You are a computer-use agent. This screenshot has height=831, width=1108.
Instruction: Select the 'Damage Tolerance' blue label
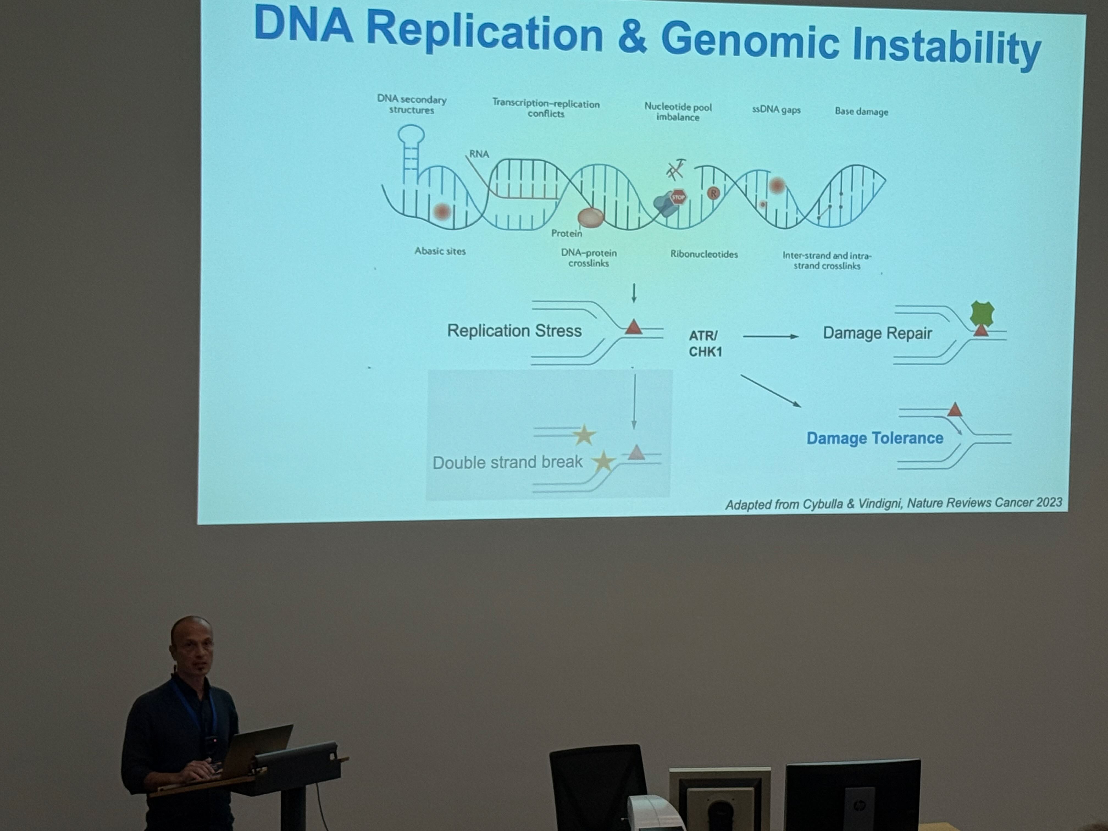tap(875, 438)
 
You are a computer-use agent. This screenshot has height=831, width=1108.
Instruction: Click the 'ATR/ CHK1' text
tap(705, 344)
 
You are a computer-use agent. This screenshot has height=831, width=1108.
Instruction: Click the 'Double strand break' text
tap(507, 462)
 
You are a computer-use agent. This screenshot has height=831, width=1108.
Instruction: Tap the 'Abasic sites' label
tap(440, 251)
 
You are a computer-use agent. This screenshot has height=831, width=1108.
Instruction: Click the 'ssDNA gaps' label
tap(776, 110)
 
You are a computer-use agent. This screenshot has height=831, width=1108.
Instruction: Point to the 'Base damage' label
tap(861, 111)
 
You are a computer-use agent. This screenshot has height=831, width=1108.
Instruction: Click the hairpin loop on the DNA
tap(411, 135)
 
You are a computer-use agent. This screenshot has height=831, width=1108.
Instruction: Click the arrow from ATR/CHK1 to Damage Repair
tap(770, 337)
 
